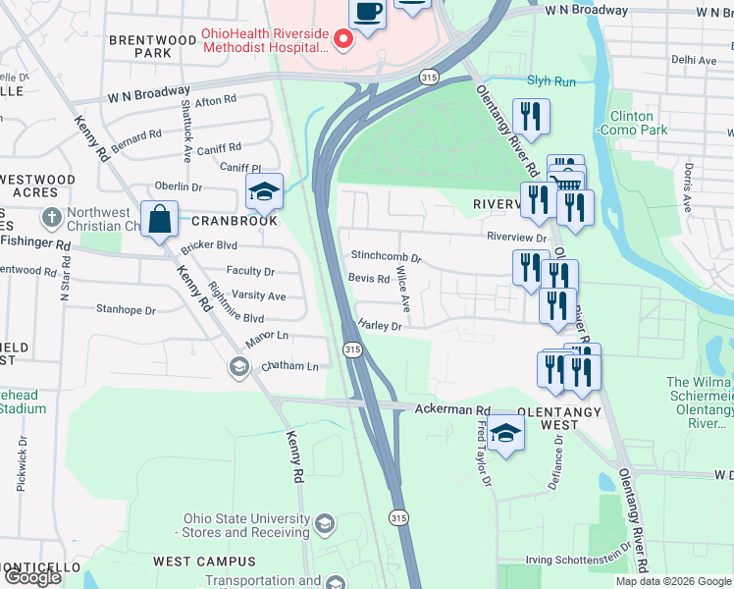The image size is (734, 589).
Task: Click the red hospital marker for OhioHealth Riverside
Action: click(x=343, y=40)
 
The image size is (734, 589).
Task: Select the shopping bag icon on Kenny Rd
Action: click(x=159, y=219)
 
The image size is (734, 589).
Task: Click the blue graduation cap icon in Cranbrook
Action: click(x=264, y=191)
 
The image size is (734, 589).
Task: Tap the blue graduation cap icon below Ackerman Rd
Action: click(x=505, y=433)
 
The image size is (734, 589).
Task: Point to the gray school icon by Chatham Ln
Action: click(x=238, y=367)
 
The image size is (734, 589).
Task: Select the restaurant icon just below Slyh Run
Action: click(x=531, y=117)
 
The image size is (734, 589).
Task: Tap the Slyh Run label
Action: click(x=551, y=81)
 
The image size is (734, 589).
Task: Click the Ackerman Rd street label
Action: click(x=452, y=409)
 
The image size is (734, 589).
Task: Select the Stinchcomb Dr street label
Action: click(x=386, y=257)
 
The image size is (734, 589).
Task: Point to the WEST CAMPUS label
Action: click(x=204, y=562)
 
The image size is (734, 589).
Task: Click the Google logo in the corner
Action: click(x=32, y=577)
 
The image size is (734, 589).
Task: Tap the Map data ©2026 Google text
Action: click(x=673, y=581)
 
